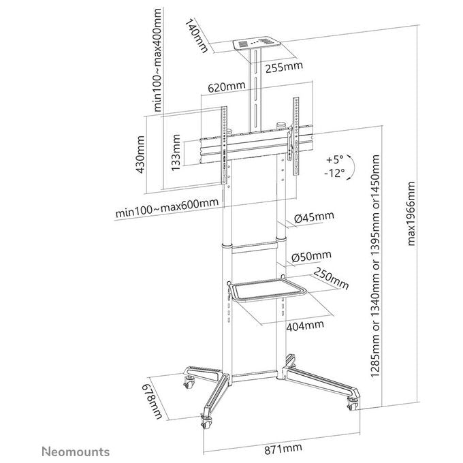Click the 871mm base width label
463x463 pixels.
[283, 449]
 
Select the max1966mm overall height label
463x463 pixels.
[411, 214]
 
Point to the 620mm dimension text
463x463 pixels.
[227, 87]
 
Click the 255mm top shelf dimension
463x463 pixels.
[284, 67]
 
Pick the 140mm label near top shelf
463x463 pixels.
[196, 35]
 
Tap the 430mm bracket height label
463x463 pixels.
[140, 155]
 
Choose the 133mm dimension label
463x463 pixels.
[176, 153]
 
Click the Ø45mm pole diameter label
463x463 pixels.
[314, 217]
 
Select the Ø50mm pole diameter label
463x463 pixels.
[312, 256]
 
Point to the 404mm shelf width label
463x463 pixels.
[305, 325]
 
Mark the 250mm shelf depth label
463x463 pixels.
[331, 278]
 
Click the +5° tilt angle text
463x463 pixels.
[335, 160]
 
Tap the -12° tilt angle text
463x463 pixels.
[334, 173]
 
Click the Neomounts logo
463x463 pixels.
[76, 452]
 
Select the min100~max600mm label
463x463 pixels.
[167, 208]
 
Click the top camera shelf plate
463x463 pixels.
[257, 43]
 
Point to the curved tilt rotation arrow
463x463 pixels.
[352, 167]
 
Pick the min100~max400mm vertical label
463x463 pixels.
[158, 60]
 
